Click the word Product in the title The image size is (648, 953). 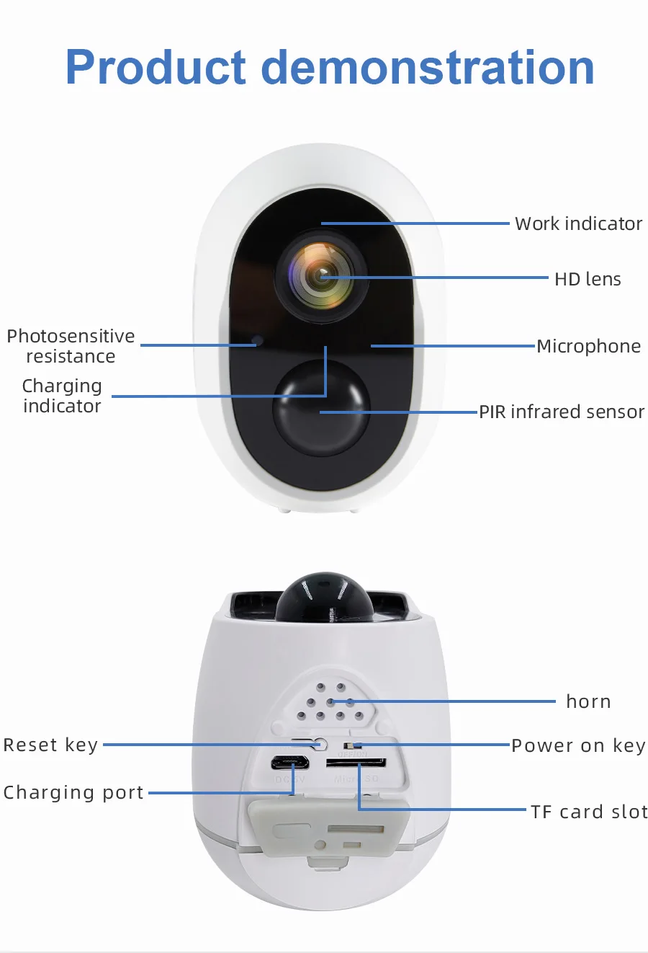point(156,68)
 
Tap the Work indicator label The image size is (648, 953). point(578,223)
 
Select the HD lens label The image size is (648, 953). point(588,279)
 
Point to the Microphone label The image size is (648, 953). point(588,346)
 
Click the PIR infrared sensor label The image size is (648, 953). point(562,412)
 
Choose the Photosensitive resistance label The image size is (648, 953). point(71,346)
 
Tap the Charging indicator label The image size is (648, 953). point(62,396)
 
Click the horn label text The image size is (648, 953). point(588,701)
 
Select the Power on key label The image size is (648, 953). point(578,745)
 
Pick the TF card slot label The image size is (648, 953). point(589,812)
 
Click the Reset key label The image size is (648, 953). point(50,745)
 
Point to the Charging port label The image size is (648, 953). point(73,792)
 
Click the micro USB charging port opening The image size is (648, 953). point(290,763)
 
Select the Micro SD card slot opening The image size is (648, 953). point(356,763)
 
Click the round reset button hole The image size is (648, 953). point(321,745)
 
